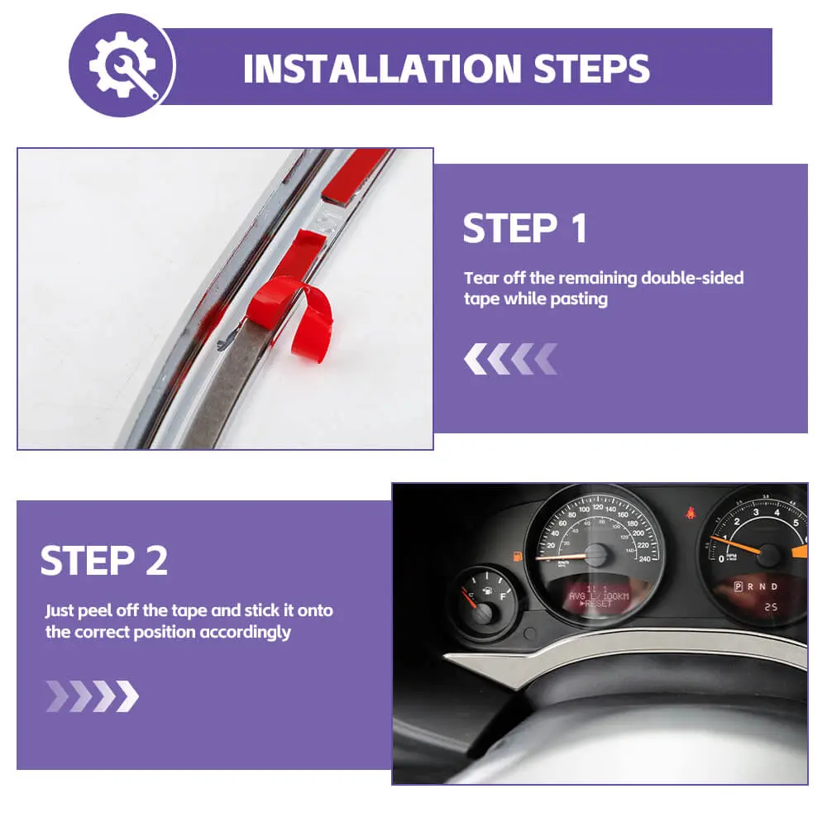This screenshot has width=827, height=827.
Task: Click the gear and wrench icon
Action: click(123, 65)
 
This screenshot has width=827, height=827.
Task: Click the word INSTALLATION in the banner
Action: click(382, 69)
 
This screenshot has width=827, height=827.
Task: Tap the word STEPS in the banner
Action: click(592, 69)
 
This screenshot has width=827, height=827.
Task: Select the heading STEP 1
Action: click(525, 228)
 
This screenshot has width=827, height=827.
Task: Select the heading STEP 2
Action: click(104, 560)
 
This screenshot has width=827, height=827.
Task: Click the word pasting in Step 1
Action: click(579, 299)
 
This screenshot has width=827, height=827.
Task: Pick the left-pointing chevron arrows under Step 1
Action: click(510, 359)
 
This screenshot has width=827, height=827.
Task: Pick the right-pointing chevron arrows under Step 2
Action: click(93, 696)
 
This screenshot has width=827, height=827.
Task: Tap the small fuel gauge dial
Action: click(483, 602)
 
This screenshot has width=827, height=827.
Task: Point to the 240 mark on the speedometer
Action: click(644, 559)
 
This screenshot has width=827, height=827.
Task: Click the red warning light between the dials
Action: click(690, 512)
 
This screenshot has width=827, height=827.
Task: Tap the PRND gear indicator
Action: click(756, 586)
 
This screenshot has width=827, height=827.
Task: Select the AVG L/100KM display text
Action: click(599, 596)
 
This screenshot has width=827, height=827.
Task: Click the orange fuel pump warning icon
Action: click(519, 557)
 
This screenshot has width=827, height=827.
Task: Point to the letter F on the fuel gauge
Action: click(503, 596)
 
